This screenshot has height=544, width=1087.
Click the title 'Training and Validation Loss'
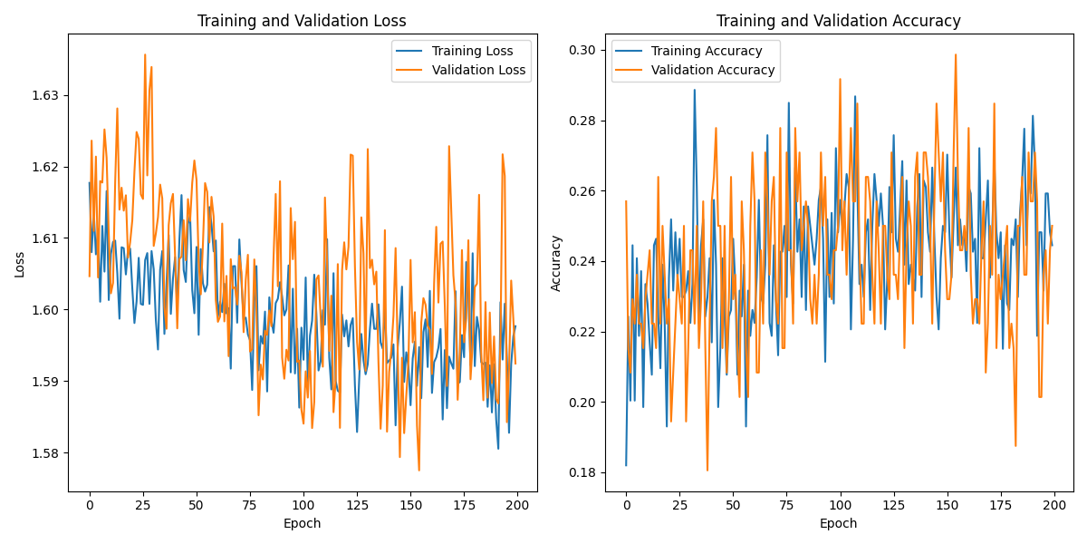302,21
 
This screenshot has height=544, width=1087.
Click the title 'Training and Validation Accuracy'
838,21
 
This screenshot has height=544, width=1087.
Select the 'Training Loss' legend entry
472,51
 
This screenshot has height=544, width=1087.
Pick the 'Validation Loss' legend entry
478,70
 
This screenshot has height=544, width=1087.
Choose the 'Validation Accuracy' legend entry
713,70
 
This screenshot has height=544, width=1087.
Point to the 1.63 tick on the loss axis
46,95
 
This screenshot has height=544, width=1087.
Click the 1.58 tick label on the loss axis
46,453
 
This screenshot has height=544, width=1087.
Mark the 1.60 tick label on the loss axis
46,310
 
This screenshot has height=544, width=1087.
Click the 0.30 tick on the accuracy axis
584,50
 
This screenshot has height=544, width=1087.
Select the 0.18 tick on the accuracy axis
584,472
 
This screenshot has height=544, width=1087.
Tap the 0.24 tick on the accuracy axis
584,261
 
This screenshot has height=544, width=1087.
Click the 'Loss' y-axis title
20,263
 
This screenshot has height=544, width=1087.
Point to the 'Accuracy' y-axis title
556,263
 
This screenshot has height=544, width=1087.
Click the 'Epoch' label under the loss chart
302,523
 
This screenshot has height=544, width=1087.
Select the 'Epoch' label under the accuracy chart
838,523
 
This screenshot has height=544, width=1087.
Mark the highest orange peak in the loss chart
145,54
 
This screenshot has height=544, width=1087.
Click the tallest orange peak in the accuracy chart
955,54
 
